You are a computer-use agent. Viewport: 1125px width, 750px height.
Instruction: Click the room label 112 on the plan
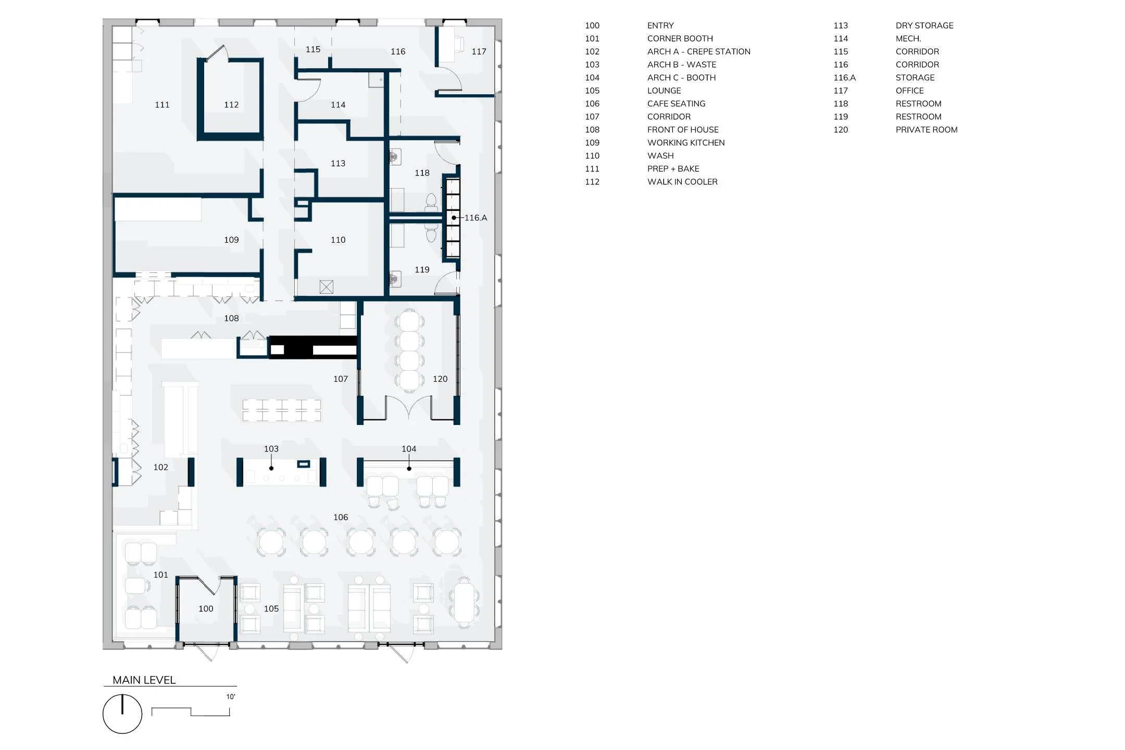coord(231,105)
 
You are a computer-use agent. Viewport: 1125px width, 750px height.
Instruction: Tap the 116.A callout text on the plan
coord(476,218)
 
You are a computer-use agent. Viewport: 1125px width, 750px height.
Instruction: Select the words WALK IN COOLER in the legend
coord(682,182)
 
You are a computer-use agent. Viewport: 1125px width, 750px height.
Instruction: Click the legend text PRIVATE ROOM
coord(926,130)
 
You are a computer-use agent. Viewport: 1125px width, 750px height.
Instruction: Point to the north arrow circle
coord(122,714)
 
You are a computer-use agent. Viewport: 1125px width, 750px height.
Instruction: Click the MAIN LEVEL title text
coord(144,680)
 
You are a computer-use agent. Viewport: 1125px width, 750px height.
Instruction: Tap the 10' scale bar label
coord(230,696)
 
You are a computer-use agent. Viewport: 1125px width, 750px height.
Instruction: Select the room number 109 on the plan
coord(231,240)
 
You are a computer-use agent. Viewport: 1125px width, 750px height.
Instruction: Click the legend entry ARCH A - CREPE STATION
coord(698,52)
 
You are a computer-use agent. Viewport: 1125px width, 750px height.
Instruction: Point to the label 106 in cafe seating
coord(341,517)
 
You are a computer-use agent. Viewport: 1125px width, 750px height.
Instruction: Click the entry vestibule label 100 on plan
coord(206,608)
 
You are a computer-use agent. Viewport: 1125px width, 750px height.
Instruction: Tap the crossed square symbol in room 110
coord(327,286)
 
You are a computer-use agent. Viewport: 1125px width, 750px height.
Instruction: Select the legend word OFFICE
coord(909,91)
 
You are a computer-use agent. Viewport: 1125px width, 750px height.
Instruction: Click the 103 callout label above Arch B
coord(271,448)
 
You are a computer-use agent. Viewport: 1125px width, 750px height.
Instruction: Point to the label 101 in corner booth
coord(160,574)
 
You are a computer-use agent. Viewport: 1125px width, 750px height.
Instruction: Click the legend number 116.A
coord(844,78)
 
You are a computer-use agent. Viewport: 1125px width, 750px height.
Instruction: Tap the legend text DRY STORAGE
coord(924,26)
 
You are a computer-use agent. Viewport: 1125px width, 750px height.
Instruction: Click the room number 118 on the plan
coord(422,173)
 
